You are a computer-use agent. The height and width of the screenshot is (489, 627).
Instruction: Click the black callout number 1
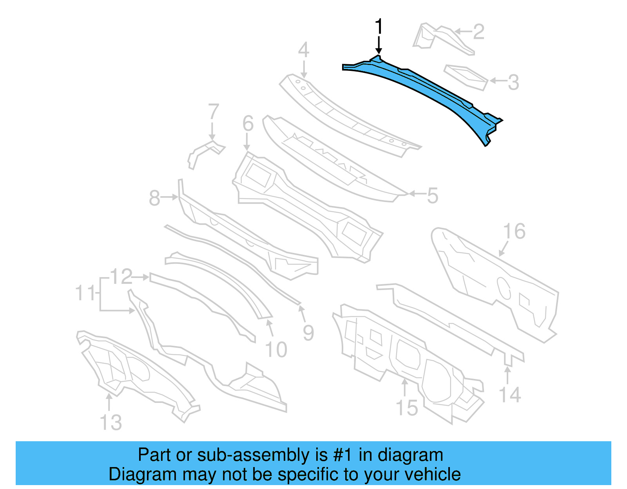(378, 27)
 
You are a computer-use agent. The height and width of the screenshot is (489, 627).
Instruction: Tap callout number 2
(478, 32)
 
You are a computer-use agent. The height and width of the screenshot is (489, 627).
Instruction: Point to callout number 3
(513, 82)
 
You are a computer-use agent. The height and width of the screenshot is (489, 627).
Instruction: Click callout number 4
(303, 50)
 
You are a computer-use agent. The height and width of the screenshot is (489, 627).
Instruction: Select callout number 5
(432, 195)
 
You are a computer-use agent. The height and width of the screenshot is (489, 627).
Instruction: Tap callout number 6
(248, 123)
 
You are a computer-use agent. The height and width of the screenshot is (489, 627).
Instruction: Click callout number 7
(213, 112)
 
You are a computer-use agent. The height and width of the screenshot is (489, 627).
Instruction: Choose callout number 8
(154, 198)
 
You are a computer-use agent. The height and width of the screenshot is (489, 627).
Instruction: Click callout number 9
(308, 333)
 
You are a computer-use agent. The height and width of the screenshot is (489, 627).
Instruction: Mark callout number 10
(276, 350)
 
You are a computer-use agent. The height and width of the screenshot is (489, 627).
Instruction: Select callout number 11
(85, 293)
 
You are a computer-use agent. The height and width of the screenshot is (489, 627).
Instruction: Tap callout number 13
(111, 422)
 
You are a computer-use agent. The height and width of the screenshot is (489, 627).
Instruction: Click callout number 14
(510, 395)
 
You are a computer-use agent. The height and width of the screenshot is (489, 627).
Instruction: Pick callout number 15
(407, 408)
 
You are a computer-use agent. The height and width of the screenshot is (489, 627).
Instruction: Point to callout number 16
(514, 231)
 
